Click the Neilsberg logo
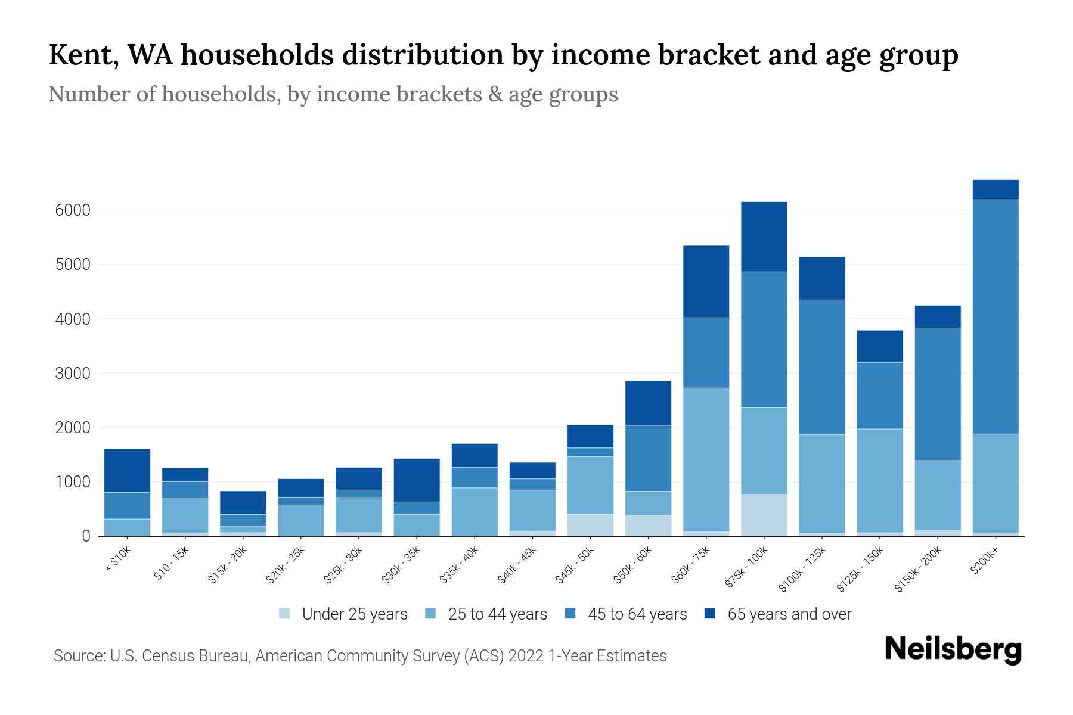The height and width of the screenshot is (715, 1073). coord(953,649)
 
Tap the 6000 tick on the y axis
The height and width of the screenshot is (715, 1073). coord(73,210)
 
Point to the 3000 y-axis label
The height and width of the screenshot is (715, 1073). coord(73,374)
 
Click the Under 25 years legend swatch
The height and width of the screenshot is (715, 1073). coord(285,614)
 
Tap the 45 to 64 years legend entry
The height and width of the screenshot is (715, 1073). coord(637,614)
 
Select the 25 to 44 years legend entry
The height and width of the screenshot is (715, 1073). coord(497,614)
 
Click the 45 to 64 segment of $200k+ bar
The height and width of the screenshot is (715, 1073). coord(996,316)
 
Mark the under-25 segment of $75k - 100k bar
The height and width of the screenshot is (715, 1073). coord(764,515)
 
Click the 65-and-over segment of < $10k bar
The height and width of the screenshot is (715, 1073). coord(127,470)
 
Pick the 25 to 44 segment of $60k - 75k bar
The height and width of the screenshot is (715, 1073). coord(706,459)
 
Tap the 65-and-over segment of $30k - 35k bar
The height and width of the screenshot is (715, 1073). coord(417,480)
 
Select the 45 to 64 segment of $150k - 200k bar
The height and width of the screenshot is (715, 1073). coord(938,394)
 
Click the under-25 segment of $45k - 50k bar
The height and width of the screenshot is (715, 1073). coord(590,525)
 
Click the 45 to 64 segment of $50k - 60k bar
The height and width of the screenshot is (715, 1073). coord(648,458)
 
